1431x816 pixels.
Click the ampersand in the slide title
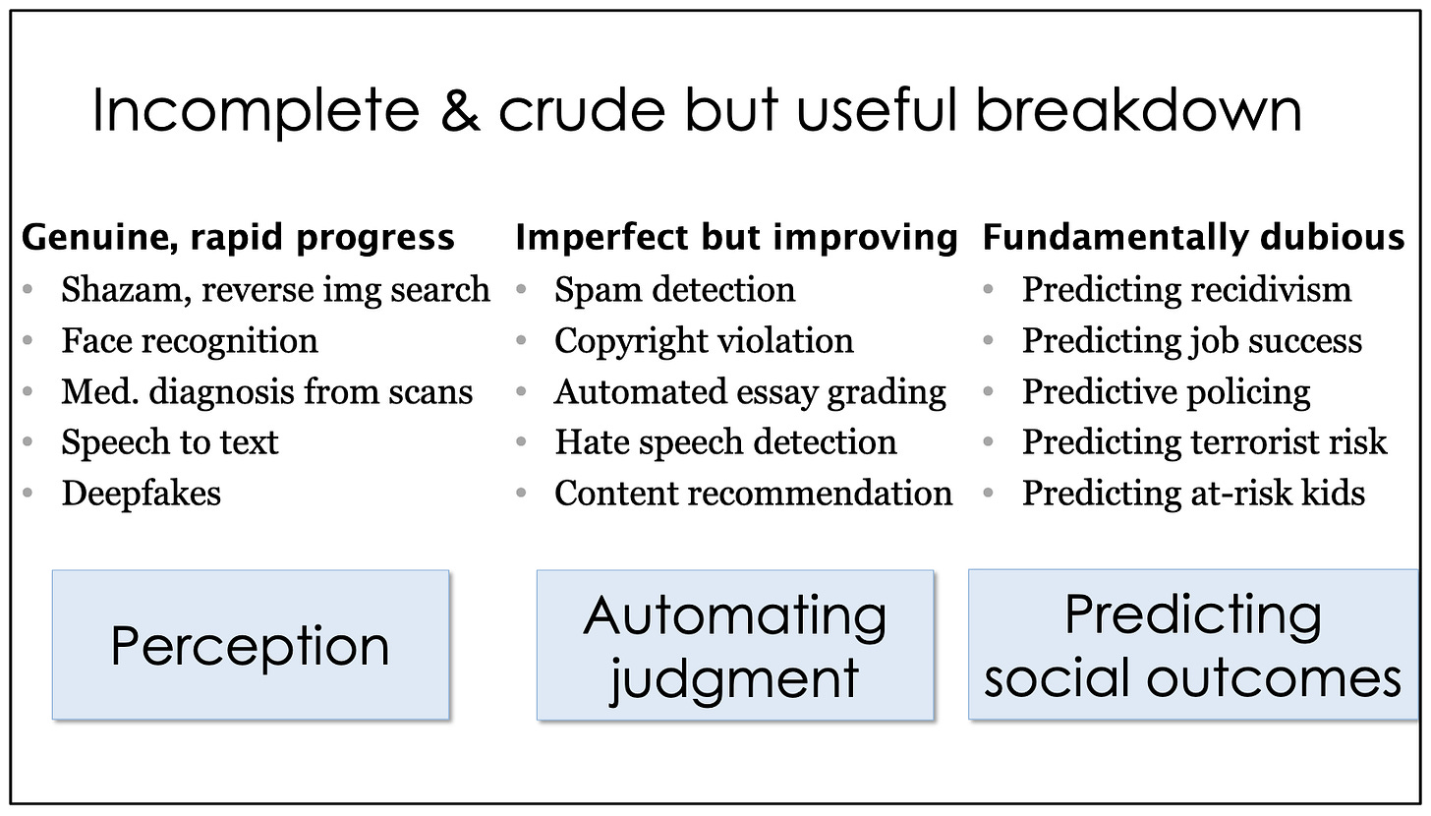(x=460, y=110)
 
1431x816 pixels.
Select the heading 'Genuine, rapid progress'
(x=238, y=238)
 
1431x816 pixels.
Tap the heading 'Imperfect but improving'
(x=736, y=238)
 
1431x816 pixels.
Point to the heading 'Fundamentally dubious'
(x=1193, y=238)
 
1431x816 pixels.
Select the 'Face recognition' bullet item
(x=189, y=341)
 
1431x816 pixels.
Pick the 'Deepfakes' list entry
(x=142, y=494)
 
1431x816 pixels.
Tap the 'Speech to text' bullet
(x=170, y=442)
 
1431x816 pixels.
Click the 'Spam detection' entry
(x=674, y=290)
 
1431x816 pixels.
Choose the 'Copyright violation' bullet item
(x=704, y=341)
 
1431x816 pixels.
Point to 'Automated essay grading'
(x=750, y=392)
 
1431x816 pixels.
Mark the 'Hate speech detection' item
(x=725, y=442)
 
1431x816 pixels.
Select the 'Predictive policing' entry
(x=1167, y=392)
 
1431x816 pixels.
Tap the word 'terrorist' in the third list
(x=1251, y=442)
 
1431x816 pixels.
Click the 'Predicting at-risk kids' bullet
(x=1193, y=494)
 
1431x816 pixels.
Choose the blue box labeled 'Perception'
(x=251, y=645)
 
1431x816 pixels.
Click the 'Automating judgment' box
(x=735, y=645)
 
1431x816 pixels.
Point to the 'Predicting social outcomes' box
(x=1193, y=644)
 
